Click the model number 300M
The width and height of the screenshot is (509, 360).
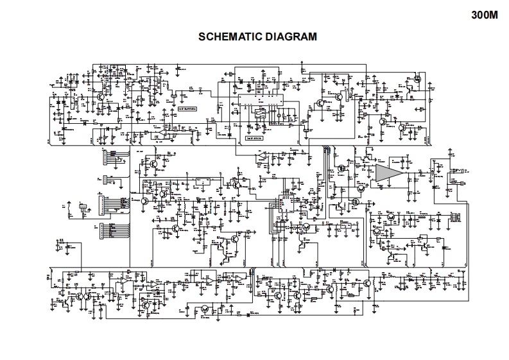point(485,16)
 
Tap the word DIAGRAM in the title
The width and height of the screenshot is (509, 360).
point(293,37)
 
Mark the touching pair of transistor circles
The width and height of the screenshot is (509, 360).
point(78,297)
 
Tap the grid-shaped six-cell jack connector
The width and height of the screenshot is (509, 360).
point(456,217)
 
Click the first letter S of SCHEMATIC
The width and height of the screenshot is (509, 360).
point(203,37)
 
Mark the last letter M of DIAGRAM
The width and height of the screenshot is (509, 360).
point(313,37)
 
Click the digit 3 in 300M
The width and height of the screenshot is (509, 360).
point(474,16)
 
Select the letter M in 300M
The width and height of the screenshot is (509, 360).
point(494,16)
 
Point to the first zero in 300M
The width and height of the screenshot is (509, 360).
point(481,16)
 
